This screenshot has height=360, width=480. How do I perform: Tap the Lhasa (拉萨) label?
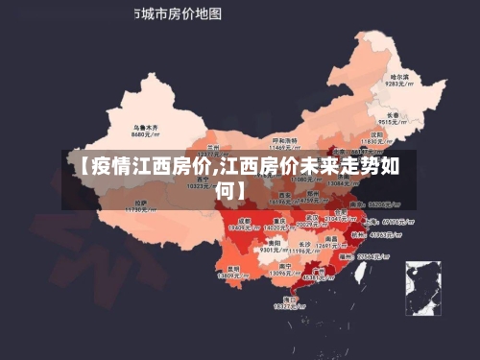[141, 202]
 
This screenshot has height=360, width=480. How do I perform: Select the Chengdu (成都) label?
[244, 221]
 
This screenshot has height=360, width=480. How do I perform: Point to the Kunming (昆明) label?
[233, 268]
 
